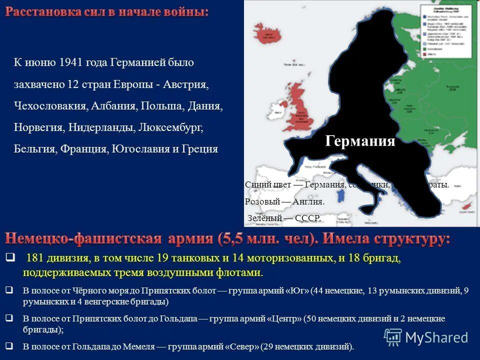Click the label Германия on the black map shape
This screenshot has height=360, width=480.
point(360,141)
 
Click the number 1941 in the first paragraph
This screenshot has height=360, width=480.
point(70,63)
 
